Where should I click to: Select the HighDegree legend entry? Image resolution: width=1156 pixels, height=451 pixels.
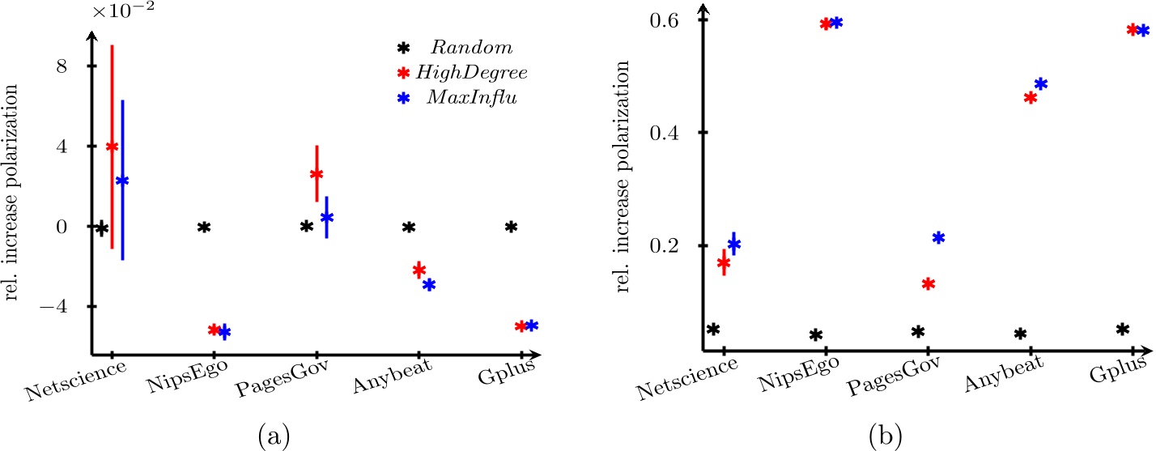click(482, 73)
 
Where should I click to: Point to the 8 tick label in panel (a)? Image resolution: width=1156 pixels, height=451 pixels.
click(70, 66)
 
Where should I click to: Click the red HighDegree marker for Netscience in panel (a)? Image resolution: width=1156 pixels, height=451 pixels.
click(112, 147)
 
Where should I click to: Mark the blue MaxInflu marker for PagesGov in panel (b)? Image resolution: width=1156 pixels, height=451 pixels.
click(938, 238)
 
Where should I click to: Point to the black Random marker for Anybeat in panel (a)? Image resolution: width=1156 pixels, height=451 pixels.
click(409, 228)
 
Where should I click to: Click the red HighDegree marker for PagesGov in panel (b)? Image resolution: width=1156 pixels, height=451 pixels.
click(929, 284)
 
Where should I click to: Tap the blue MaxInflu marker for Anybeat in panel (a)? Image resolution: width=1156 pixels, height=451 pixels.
click(429, 285)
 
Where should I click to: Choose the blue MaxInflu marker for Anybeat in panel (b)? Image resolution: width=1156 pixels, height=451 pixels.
click(1041, 84)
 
